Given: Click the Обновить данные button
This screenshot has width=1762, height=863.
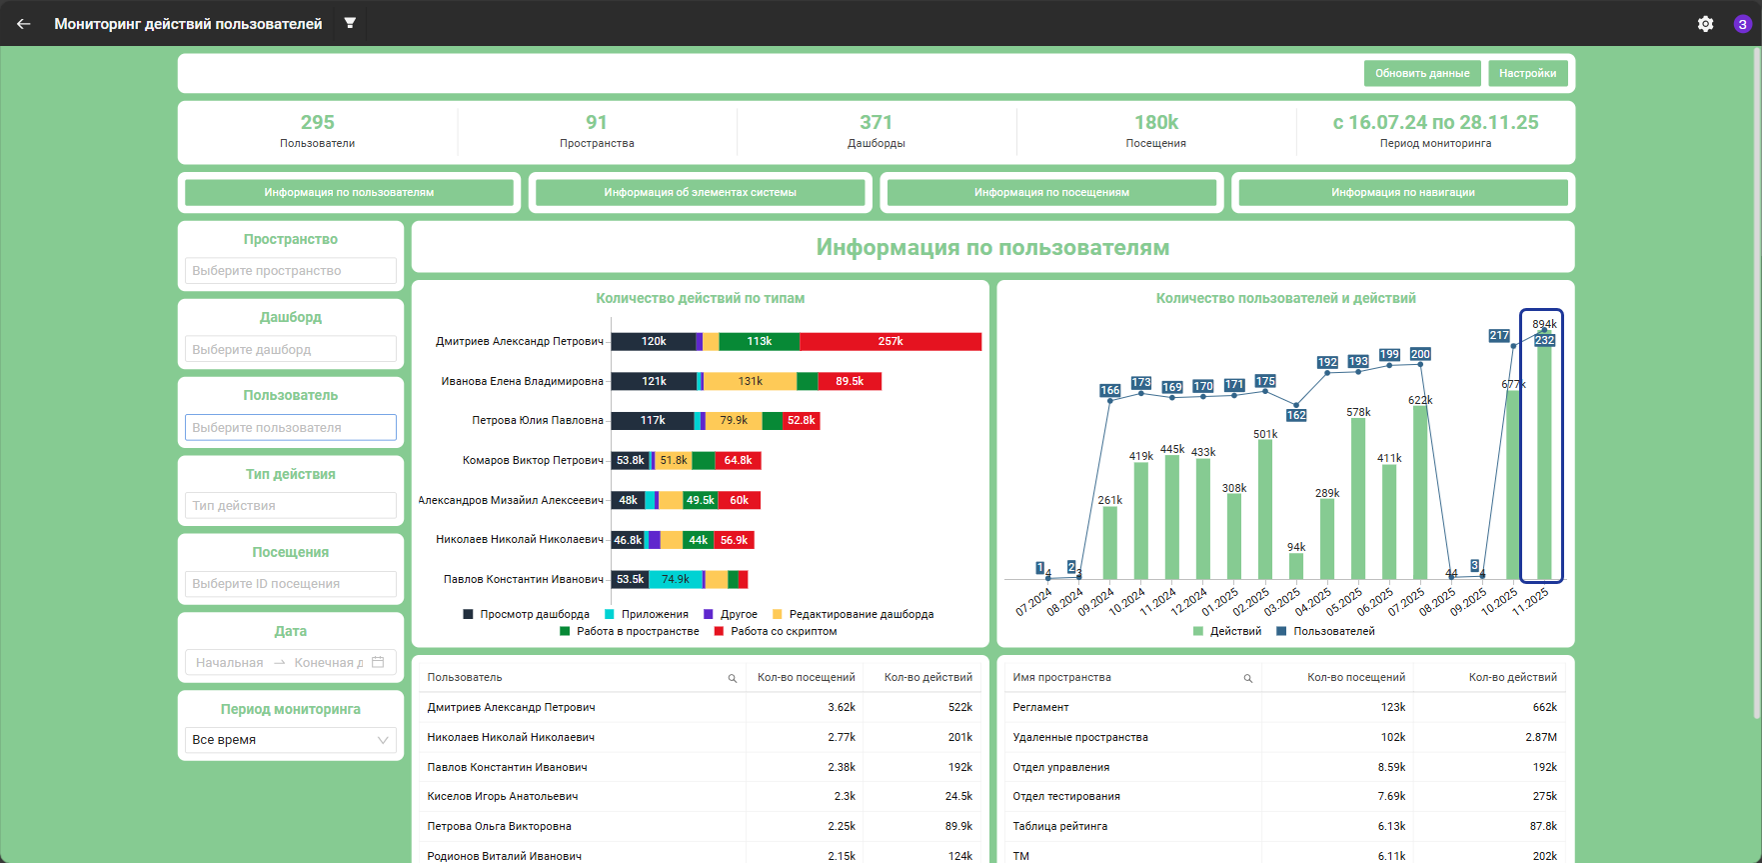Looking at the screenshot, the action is point(1422,73).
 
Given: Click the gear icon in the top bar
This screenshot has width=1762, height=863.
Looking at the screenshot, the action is point(1705,24).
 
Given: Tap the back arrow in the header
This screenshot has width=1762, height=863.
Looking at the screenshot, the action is point(24,24).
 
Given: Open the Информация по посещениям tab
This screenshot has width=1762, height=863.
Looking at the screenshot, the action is point(1051,192).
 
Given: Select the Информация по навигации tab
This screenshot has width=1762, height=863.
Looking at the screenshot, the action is point(1402,192).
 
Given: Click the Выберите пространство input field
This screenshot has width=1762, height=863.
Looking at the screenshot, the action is point(290,271).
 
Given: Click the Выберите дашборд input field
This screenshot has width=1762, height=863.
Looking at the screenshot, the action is point(290,349).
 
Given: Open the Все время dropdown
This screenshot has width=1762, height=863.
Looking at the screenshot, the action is point(290,740).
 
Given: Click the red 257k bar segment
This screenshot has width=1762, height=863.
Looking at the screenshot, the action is point(890,342).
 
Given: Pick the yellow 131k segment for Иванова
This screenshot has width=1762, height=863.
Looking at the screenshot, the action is point(751,381).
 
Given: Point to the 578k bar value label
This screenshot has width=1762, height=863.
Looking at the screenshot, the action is point(1358,412).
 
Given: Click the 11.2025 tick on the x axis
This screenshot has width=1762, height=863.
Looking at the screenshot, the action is point(1530,601).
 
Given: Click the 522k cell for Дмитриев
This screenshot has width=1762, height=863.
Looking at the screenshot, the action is point(960,707).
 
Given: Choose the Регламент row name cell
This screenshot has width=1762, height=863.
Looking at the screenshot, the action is point(1040,707).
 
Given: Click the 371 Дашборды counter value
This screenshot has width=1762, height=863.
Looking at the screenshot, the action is point(876,122).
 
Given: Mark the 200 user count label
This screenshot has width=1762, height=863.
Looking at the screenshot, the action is point(1420,354).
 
